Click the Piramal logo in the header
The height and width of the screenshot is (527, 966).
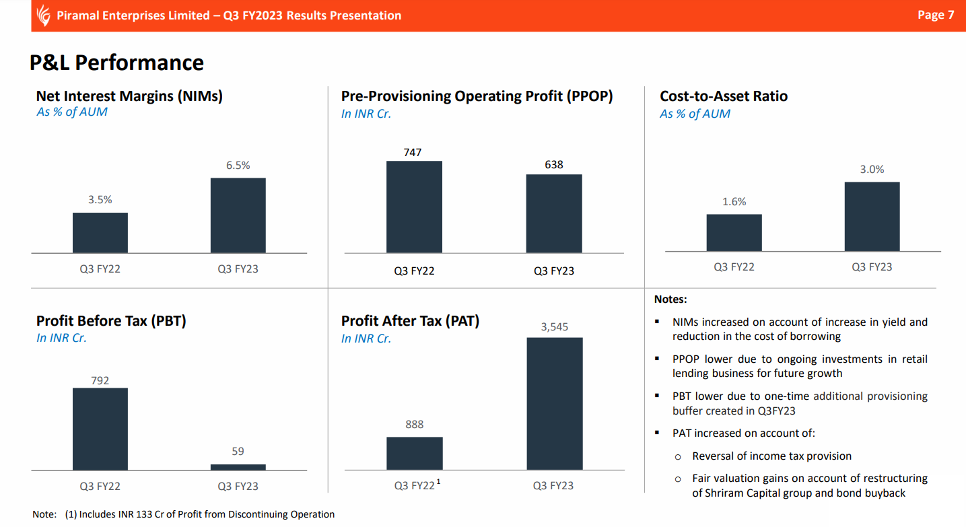click(44, 15)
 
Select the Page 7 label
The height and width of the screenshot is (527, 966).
click(935, 15)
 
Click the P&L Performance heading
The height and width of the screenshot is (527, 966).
click(116, 63)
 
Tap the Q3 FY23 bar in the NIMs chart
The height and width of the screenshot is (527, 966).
click(238, 215)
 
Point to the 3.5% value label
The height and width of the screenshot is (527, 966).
click(100, 200)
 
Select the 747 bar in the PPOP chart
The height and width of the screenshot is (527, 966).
click(414, 207)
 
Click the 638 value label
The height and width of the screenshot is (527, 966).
click(553, 164)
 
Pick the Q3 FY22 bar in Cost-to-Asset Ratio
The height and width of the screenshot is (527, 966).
click(734, 232)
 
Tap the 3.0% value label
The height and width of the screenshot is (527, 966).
click(872, 170)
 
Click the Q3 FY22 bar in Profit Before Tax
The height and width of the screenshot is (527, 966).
click(100, 429)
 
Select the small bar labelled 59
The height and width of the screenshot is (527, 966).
click(238, 467)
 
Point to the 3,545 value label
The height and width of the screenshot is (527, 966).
click(554, 327)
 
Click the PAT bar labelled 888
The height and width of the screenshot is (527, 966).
click(414, 453)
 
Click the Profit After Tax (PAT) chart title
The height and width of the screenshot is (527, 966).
click(410, 321)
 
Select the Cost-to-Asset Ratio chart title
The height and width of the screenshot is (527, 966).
click(723, 96)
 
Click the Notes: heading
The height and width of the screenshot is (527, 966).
click(670, 299)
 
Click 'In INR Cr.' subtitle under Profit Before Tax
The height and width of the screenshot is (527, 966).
click(61, 338)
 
